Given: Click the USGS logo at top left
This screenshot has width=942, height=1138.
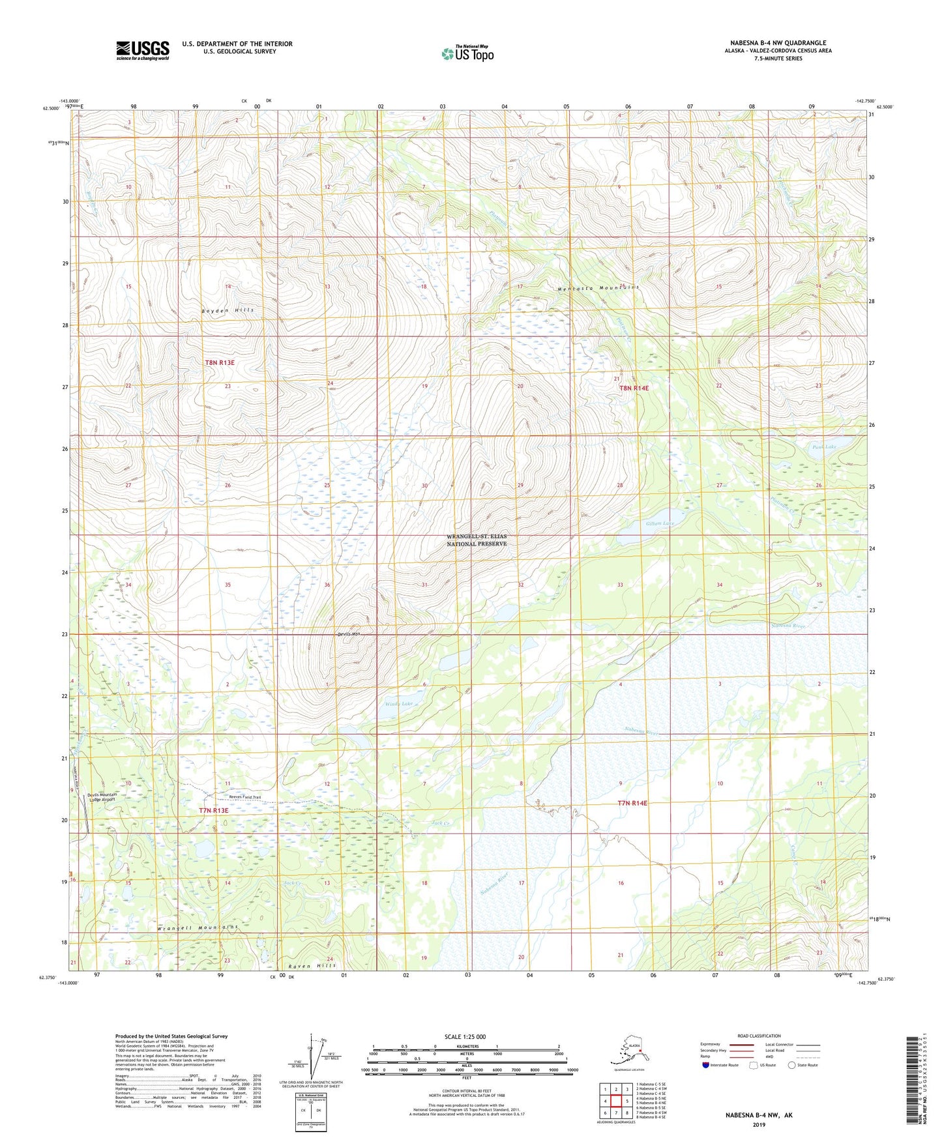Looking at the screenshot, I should tap(142, 50).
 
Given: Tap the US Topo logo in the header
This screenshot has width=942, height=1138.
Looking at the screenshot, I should tap(467, 53).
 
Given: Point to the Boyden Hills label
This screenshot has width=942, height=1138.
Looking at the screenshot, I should tap(228, 310).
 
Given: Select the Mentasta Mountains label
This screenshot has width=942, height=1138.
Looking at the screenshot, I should tap(598, 288).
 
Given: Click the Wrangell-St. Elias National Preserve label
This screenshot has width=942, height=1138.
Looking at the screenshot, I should tap(477, 540).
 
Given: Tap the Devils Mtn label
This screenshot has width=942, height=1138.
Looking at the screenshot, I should tap(348, 634).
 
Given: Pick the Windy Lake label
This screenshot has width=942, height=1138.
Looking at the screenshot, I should tap(398, 704).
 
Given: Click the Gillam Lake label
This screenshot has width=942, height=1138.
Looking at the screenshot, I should tap(660, 523).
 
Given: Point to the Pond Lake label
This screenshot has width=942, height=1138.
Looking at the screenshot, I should tap(824, 447).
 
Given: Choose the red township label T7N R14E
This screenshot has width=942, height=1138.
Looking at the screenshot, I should tap(632, 803).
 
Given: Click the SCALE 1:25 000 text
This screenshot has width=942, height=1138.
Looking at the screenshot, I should tap(465, 1036).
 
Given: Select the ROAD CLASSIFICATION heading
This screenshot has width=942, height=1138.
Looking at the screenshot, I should tap(759, 1036).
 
